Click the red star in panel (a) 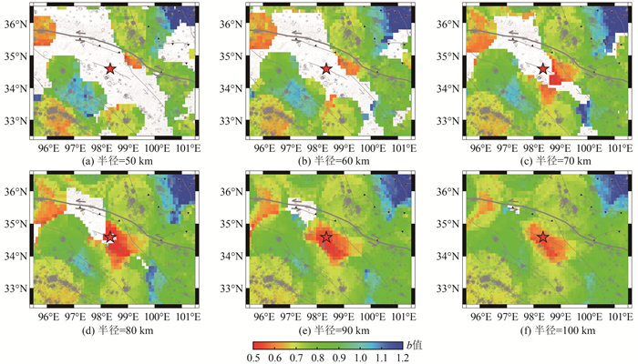pyautogui.click(x=110, y=69)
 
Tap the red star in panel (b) pyautogui.click(x=326, y=69)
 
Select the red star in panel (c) pyautogui.click(x=543, y=69)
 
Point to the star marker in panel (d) pyautogui.click(x=110, y=238)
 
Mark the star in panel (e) pyautogui.click(x=326, y=238)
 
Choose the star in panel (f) pyautogui.click(x=543, y=238)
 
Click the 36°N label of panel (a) pyautogui.click(x=15, y=24)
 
